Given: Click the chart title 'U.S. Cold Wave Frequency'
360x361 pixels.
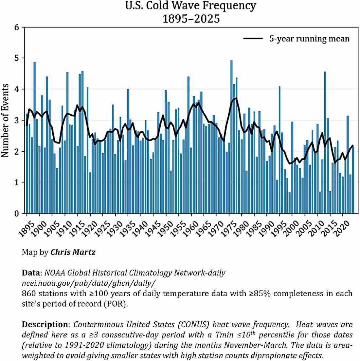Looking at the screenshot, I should pos(191,6).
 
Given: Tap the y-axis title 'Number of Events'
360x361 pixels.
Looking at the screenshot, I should pos(6,120).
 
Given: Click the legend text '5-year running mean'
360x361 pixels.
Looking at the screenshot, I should pos(309,39).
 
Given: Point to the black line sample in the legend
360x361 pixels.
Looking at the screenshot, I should pos(253,39).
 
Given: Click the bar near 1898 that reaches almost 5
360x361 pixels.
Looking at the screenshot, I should pos(35,138).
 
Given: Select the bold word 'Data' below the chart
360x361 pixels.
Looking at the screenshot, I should pos(31,273).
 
